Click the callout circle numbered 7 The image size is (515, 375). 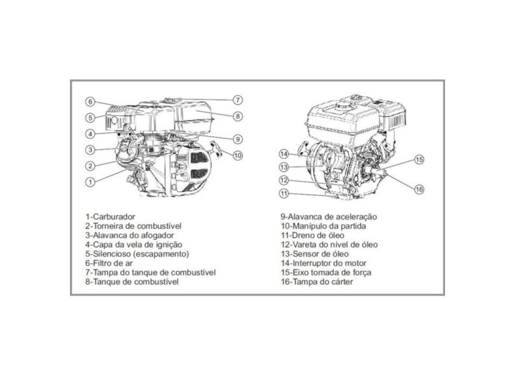[x=237, y=100]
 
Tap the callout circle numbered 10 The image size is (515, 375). [x=237, y=155]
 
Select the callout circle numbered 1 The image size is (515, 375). [x=90, y=181]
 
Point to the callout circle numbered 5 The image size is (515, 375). [x=91, y=118]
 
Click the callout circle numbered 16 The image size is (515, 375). [x=419, y=189]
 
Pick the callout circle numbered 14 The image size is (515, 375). [x=285, y=154]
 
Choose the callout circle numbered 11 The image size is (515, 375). [x=285, y=193]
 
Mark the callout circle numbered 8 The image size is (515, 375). [x=237, y=116]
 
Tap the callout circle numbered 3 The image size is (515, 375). [x=91, y=150]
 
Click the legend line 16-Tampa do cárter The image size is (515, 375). [x=320, y=282]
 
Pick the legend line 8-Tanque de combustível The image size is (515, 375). [x=132, y=282]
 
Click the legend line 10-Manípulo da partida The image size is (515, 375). [x=324, y=226]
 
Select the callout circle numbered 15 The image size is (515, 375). [x=419, y=160]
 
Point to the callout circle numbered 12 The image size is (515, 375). [x=285, y=180]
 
